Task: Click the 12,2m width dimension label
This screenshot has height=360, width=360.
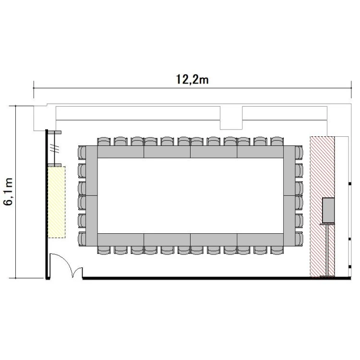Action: point(192,79)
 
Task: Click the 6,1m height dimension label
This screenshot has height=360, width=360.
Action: point(9,192)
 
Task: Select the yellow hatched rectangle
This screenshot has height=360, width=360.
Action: point(57,202)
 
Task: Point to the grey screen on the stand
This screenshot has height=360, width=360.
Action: point(328,210)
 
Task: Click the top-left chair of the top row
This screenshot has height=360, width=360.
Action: point(104,142)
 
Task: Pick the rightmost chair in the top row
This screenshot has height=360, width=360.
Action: point(277,142)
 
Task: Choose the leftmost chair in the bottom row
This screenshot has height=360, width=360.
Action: point(104,250)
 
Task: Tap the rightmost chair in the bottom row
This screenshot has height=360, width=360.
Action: point(277,250)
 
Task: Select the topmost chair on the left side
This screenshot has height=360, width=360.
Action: point(82,153)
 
